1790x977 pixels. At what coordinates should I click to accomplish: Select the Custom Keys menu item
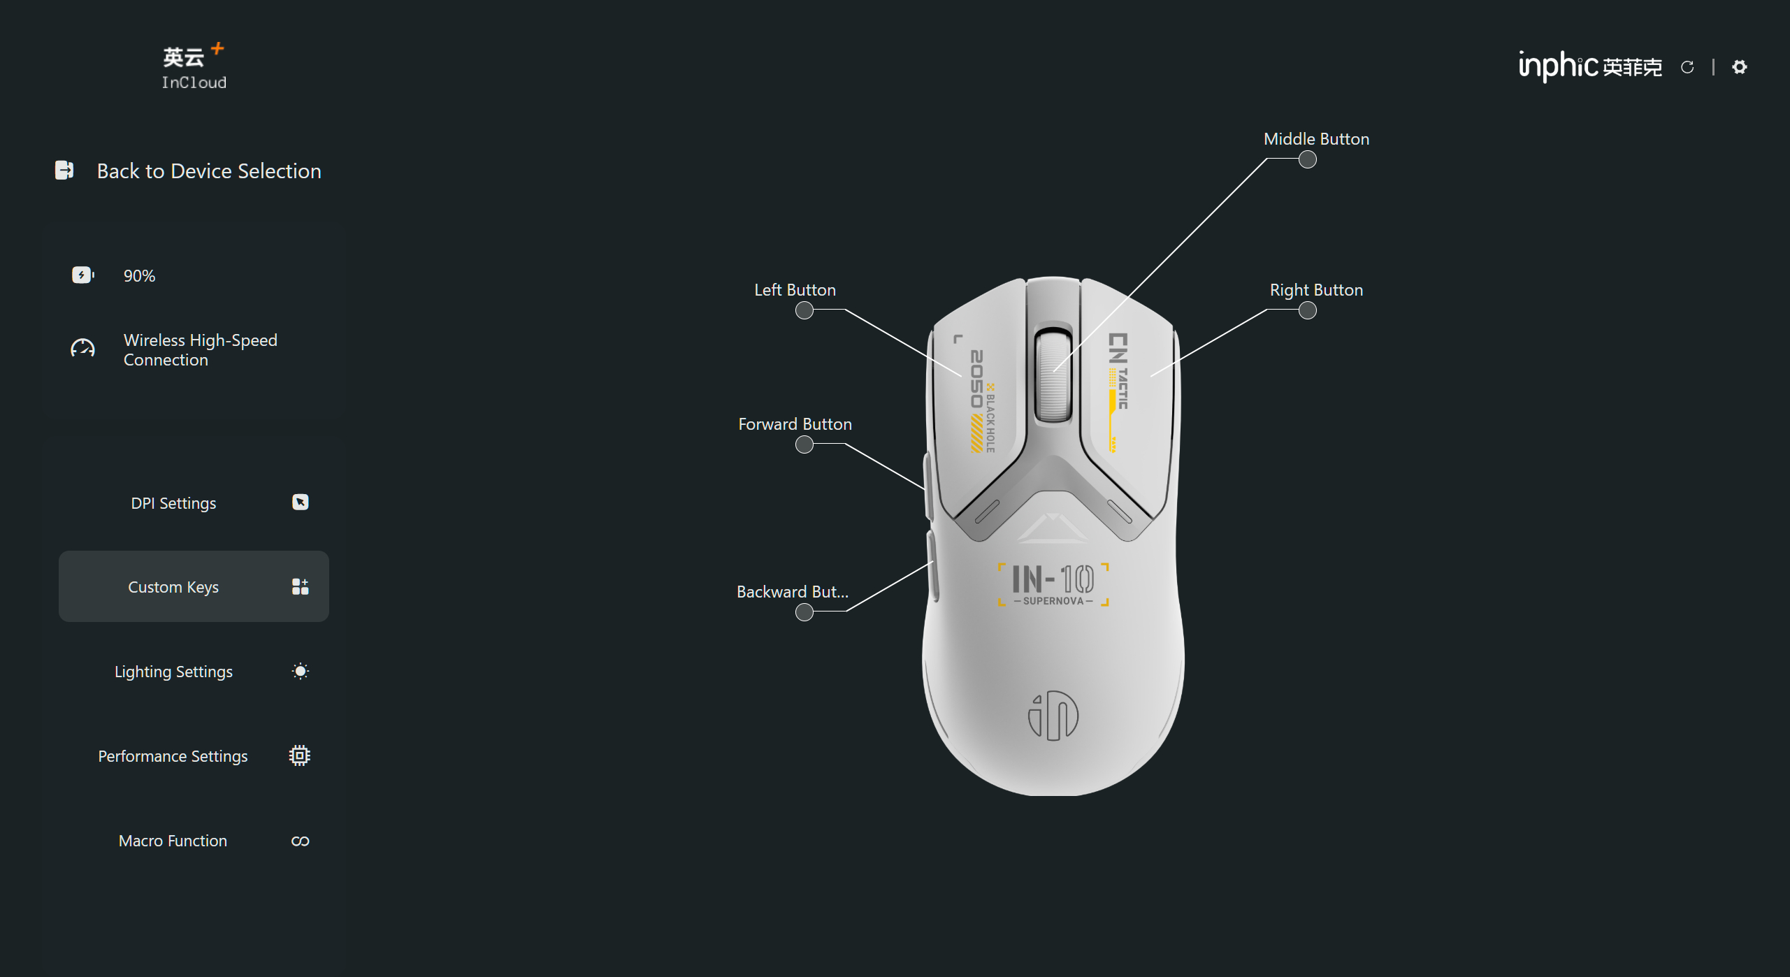[x=194, y=586]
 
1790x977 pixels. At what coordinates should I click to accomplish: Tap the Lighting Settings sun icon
[x=300, y=671]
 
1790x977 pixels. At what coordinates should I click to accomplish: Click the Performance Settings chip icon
[x=300, y=755]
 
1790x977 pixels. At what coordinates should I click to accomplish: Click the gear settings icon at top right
[x=1739, y=66]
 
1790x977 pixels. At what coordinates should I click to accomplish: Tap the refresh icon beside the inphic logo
[x=1687, y=67]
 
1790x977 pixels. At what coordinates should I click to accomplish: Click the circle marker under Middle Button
[x=1307, y=159]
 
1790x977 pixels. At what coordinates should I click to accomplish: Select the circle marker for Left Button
[x=804, y=310]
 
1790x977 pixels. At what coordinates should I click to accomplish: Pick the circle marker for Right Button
[x=1307, y=310]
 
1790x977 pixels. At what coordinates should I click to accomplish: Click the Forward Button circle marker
[x=804, y=444]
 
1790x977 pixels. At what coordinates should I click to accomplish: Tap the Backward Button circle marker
[x=804, y=612]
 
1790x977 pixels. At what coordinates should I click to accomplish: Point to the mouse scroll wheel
[x=1053, y=375]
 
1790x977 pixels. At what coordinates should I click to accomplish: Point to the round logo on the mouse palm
[x=1053, y=715]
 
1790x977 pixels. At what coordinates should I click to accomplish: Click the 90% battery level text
[x=139, y=275]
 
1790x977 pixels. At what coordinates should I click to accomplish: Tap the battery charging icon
[x=82, y=275]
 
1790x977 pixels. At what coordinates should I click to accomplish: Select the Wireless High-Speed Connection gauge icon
[x=82, y=348]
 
